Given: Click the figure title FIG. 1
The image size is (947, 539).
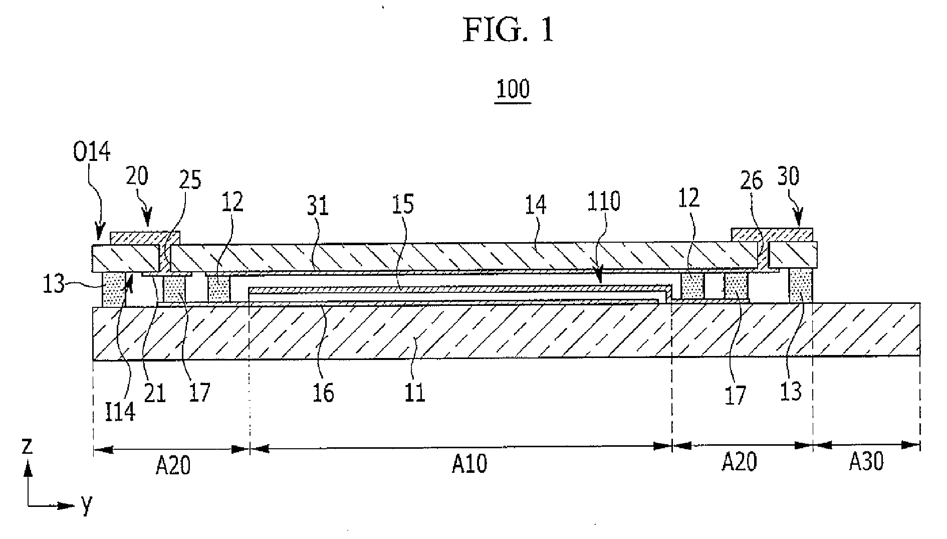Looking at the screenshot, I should point(509,30).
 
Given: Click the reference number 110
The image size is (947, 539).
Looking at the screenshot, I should point(604,202).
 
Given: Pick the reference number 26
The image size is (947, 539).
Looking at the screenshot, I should point(751,181).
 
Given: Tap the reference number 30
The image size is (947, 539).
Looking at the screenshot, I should point(789,176).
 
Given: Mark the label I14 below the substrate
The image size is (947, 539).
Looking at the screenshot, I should point(121,412).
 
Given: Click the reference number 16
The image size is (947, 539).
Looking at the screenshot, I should point(323,393).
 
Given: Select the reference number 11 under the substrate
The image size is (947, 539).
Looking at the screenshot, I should point(415,393).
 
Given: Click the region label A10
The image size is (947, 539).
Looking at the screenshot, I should point(469,464).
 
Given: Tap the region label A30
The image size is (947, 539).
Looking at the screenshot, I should point(866,462).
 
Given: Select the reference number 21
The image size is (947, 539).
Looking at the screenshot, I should point(155,393).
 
